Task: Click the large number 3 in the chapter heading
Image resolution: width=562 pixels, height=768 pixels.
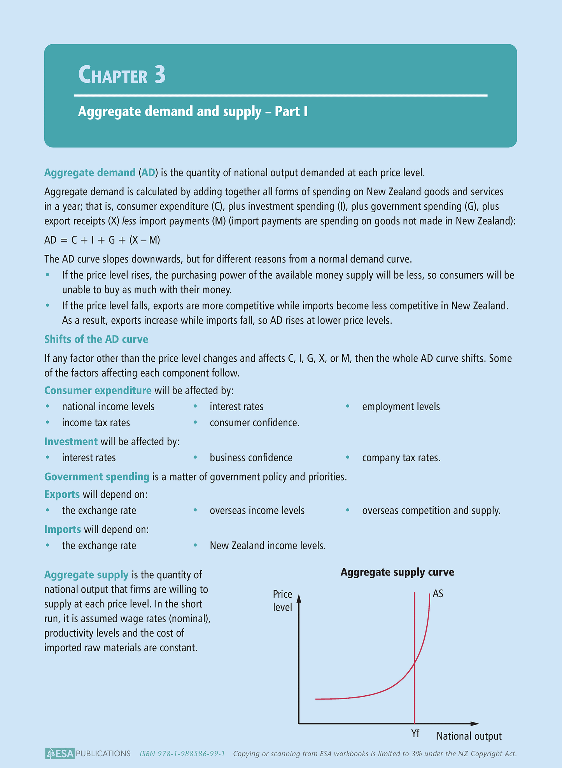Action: coord(160,75)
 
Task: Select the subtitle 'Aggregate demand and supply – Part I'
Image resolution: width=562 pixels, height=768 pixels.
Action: coord(193,112)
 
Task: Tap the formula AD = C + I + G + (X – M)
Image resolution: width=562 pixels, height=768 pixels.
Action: coord(102,240)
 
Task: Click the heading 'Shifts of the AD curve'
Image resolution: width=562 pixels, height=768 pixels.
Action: coord(96,339)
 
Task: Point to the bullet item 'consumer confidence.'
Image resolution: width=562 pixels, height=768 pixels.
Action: coord(254,423)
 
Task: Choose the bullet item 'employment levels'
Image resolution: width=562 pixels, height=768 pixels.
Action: coord(401,407)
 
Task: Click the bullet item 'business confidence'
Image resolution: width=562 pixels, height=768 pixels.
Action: coord(251,458)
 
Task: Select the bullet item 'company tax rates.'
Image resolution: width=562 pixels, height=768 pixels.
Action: coord(401,458)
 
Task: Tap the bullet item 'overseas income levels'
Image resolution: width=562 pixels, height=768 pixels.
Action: coord(257,511)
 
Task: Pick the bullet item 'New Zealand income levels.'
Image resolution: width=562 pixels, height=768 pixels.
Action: coord(268,546)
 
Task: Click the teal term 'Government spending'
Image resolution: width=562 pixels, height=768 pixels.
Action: coord(97,477)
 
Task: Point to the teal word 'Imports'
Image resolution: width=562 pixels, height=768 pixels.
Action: coord(63,529)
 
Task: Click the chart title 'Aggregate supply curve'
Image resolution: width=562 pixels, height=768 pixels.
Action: coord(397,572)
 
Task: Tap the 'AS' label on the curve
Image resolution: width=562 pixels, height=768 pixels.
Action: coord(438,594)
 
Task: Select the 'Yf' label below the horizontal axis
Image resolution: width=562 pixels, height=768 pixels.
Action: coord(415,733)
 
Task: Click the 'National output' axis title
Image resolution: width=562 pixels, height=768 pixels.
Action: coord(469,736)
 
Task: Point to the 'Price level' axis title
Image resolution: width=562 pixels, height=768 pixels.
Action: coord(282,600)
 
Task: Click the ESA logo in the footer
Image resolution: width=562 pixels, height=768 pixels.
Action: coord(60,754)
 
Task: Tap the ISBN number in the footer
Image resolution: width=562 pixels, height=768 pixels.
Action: coord(182,754)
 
